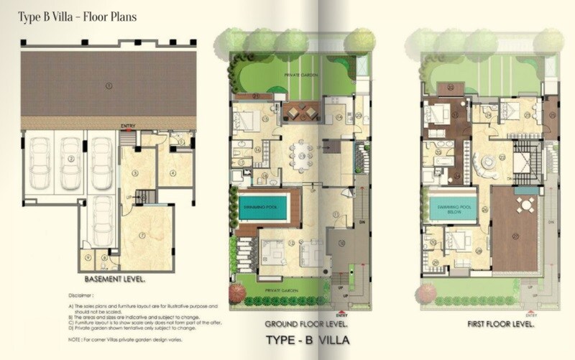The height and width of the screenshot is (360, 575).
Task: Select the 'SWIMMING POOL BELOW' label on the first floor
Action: point(451,208)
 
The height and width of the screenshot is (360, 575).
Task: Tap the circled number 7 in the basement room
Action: point(144,234)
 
